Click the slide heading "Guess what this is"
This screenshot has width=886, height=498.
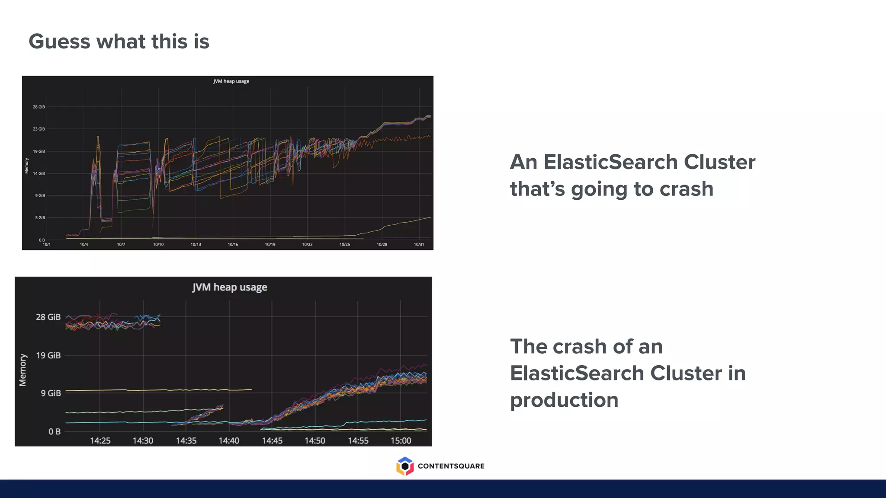[119, 42]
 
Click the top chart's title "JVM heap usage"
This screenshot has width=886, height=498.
[231, 81]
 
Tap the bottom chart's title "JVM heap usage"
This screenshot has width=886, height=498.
[230, 287]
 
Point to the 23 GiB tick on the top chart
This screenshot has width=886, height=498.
[39, 129]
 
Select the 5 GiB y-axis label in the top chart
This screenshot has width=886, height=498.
[40, 218]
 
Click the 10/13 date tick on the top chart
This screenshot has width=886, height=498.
[196, 245]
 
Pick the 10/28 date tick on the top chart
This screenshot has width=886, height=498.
[382, 245]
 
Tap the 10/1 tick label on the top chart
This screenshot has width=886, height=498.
[47, 245]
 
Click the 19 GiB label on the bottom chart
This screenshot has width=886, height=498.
[48, 355]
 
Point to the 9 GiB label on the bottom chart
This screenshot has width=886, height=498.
[51, 393]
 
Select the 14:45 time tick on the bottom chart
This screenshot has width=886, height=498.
[272, 441]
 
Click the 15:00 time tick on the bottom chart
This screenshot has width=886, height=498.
[401, 441]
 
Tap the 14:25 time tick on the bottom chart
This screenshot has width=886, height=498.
[100, 441]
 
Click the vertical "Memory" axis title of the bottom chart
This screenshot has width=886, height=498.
[23, 370]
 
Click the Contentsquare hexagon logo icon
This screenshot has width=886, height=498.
[405, 466]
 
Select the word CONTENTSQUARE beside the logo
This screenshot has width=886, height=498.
[451, 466]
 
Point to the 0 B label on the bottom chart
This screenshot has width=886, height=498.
[55, 431]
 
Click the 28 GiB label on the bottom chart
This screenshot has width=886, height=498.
[48, 317]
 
